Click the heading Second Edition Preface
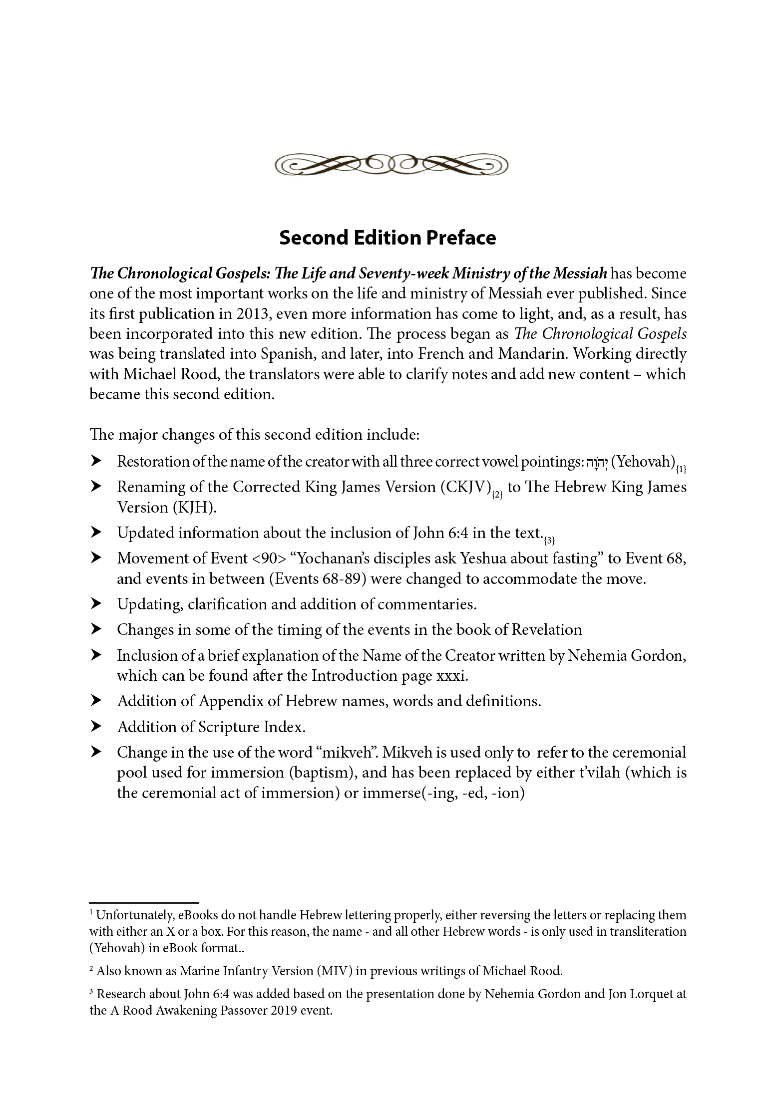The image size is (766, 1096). [x=387, y=238]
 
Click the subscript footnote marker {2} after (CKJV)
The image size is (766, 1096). [x=496, y=495]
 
